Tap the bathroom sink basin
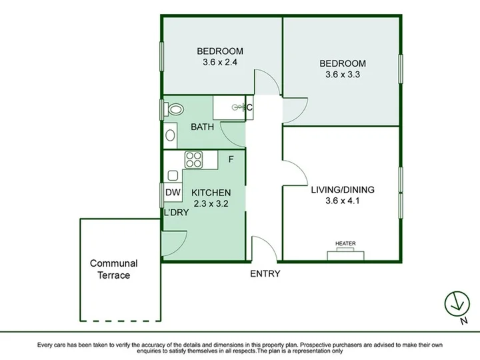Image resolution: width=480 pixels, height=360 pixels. coord(170,135)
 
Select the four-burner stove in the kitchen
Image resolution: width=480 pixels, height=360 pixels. coord(194,159)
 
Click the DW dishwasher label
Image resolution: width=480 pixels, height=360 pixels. coord(173,193)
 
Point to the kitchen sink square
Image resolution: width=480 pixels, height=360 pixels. coord(173,175)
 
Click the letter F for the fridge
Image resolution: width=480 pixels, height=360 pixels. coord(231,159)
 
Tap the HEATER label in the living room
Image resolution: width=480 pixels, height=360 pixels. coord(345,243)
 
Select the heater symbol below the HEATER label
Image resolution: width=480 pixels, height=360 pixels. coord(345,255)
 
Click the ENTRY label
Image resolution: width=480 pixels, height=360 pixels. coord(265,273)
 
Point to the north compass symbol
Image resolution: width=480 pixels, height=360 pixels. coord(457,304)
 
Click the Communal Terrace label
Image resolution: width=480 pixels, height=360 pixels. coord(114,269)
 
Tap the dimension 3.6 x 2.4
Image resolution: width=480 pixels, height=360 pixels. coord(220,62)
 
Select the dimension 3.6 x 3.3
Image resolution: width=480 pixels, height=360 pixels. coord(343,75)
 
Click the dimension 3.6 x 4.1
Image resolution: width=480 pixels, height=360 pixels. coord(343,201)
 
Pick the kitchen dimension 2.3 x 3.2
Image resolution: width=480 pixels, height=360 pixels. coord(211,203)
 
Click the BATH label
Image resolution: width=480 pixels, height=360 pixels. coord(203,127)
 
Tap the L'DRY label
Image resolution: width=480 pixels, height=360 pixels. coord(176,212)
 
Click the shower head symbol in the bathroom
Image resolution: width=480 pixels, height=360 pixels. coord(238,107)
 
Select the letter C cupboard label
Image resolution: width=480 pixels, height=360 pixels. coord(249,107)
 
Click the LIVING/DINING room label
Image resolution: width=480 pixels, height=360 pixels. coord(343,190)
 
